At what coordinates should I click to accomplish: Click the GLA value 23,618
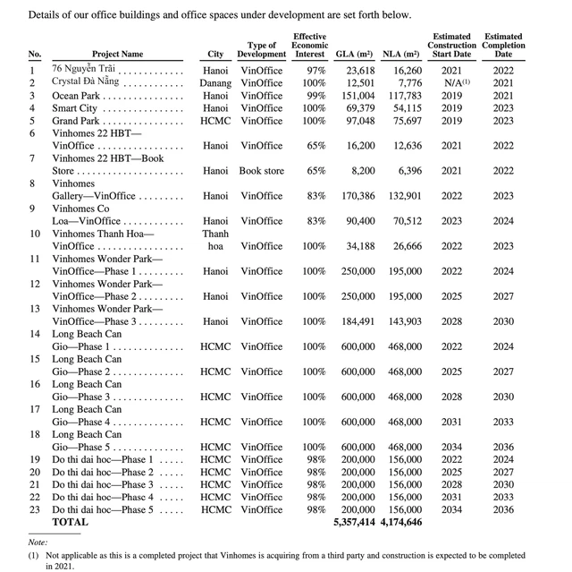coord(360,70)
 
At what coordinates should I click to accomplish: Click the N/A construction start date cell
coord(450,82)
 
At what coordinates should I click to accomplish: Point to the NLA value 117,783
coord(402,95)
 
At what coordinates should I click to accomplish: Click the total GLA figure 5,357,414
coord(355,521)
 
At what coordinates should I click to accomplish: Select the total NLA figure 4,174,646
coord(402,521)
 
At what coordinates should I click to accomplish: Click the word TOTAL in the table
coord(71,521)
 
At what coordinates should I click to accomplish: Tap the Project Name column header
coord(117,55)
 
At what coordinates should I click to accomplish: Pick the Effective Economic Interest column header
coord(310,46)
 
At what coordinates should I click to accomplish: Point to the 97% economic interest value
coord(314,70)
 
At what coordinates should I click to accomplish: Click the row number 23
coord(36,508)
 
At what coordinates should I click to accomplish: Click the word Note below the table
coord(37,542)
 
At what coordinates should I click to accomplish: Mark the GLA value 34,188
coord(360,245)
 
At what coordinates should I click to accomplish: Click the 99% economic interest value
coord(314,95)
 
